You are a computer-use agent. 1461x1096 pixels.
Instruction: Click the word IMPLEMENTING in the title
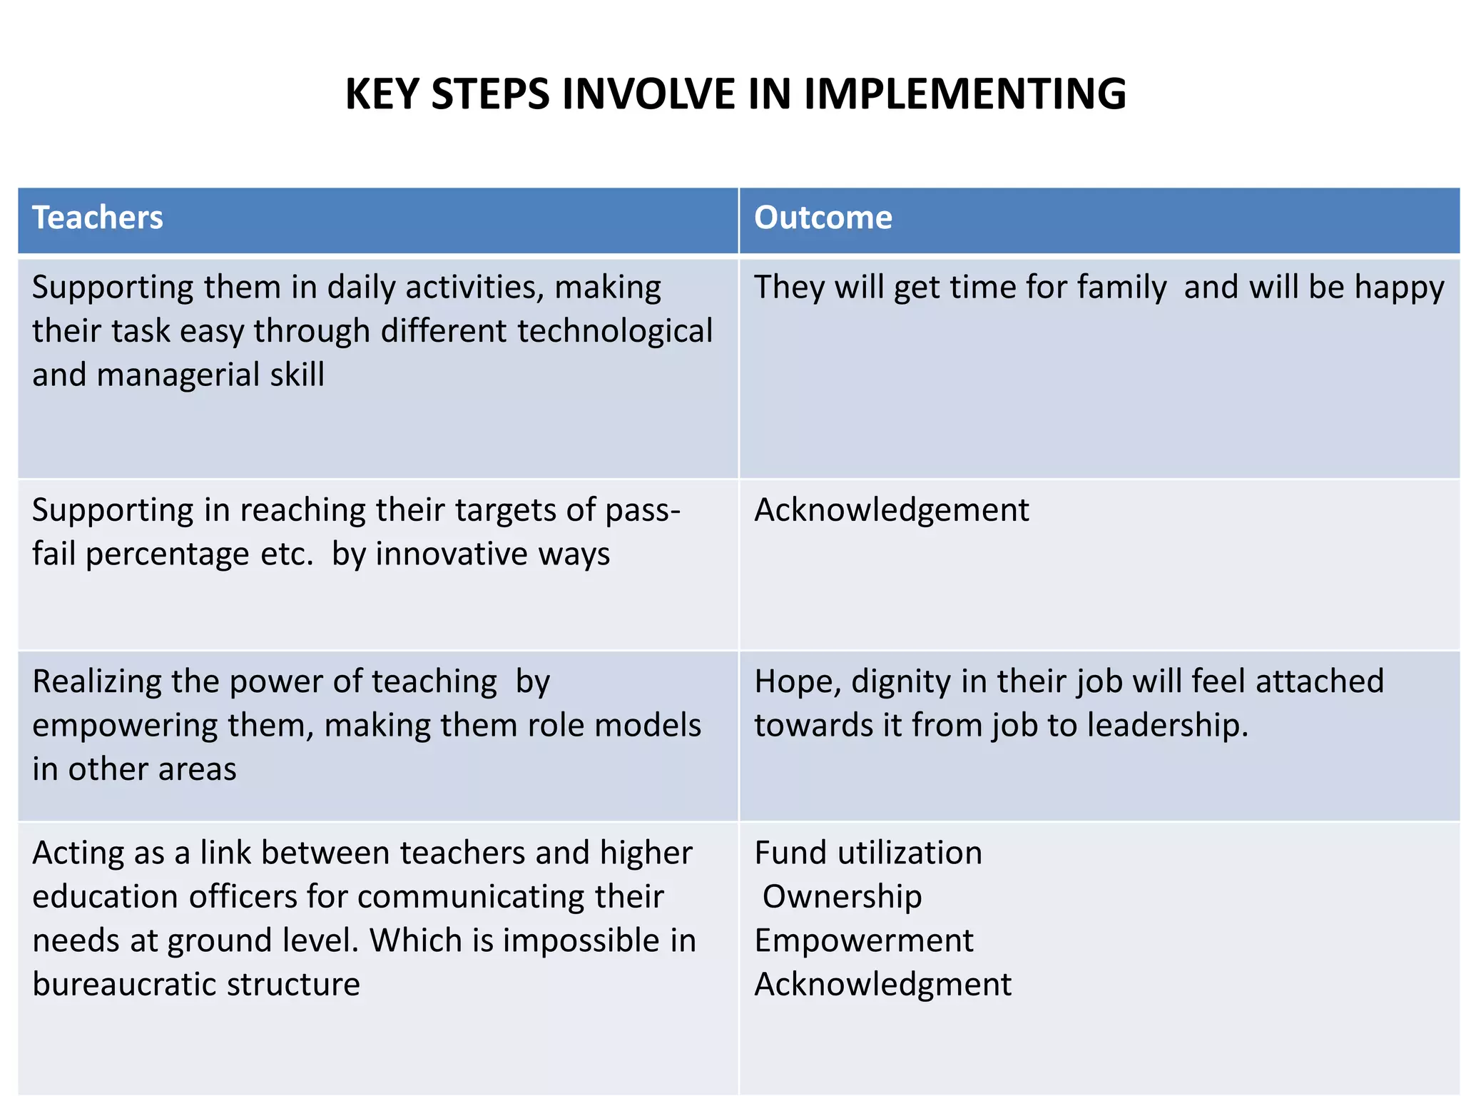pyautogui.click(x=964, y=94)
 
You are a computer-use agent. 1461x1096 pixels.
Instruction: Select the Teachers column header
pyautogui.click(x=98, y=218)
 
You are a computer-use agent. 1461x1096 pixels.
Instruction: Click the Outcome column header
pyautogui.click(x=823, y=218)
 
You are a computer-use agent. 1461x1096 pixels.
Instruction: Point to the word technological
pyautogui.click(x=614, y=331)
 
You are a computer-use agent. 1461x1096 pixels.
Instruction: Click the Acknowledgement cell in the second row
pyautogui.click(x=891, y=510)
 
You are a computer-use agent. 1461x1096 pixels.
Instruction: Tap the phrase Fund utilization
pyautogui.click(x=867, y=853)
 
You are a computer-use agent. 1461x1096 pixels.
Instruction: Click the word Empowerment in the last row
pyautogui.click(x=863, y=941)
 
